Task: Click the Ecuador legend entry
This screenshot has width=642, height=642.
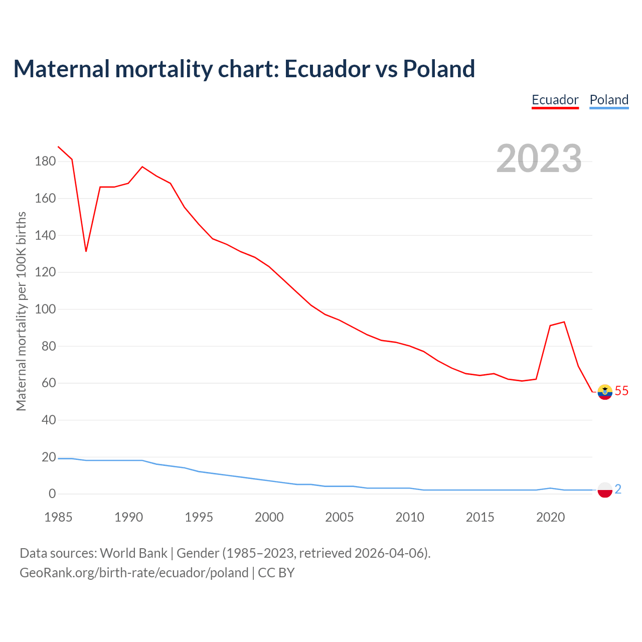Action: click(555, 100)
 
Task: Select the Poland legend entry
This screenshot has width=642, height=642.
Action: click(609, 100)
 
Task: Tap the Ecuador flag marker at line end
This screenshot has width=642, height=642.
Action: click(605, 392)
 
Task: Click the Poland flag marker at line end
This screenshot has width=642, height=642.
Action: click(605, 490)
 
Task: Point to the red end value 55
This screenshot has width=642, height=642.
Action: click(621, 391)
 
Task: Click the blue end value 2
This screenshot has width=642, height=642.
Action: click(618, 489)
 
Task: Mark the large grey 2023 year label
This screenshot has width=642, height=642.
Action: click(539, 158)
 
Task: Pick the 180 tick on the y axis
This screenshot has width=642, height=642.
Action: click(45, 162)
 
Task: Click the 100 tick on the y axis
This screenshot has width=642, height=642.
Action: click(45, 309)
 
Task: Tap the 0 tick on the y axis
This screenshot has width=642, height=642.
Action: click(52, 494)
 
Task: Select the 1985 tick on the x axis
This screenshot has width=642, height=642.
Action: click(58, 517)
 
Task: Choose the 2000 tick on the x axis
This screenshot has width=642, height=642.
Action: click(269, 517)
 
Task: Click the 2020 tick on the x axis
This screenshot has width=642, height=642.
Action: click(551, 517)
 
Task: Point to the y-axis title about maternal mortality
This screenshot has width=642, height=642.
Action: click(21, 311)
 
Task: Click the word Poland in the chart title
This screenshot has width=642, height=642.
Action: click(439, 69)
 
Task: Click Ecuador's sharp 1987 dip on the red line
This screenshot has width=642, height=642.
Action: click(86, 251)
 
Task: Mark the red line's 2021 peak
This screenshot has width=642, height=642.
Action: click(564, 322)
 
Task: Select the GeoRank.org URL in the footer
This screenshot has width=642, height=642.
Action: click(134, 573)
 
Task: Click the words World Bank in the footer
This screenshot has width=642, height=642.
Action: click(133, 553)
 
